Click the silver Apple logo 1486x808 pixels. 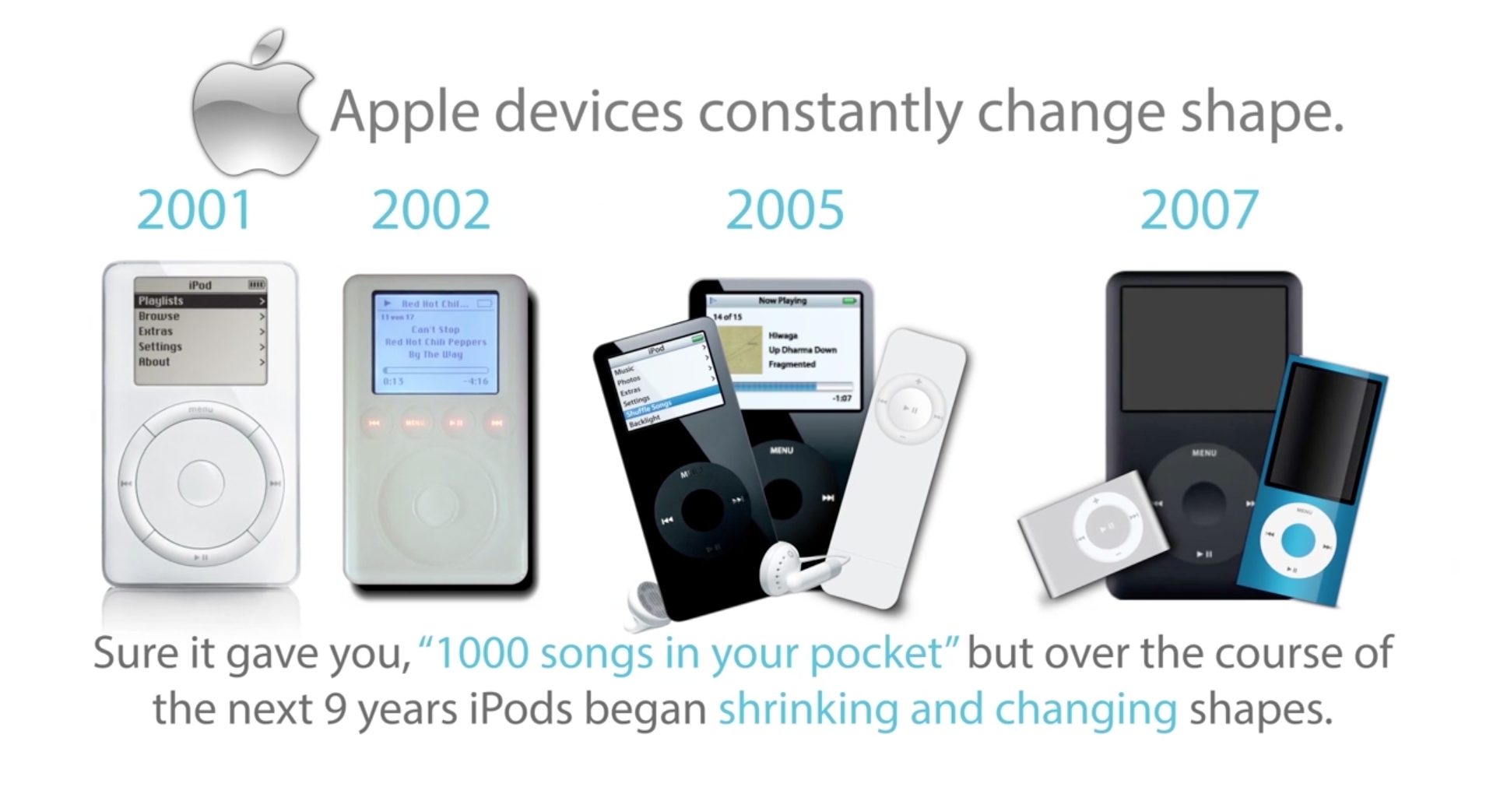point(254,109)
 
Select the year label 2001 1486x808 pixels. point(195,209)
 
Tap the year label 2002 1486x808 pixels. point(430,209)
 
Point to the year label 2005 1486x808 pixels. point(784,209)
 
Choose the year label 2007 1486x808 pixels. point(1199,209)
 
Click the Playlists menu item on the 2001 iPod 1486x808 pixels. point(161,301)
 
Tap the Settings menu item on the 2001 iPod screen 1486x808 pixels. point(160,346)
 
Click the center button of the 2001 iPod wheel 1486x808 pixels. point(201,483)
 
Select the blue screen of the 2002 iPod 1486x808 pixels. point(435,343)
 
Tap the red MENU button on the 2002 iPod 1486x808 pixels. point(415,423)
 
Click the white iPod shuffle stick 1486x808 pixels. point(895,467)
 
